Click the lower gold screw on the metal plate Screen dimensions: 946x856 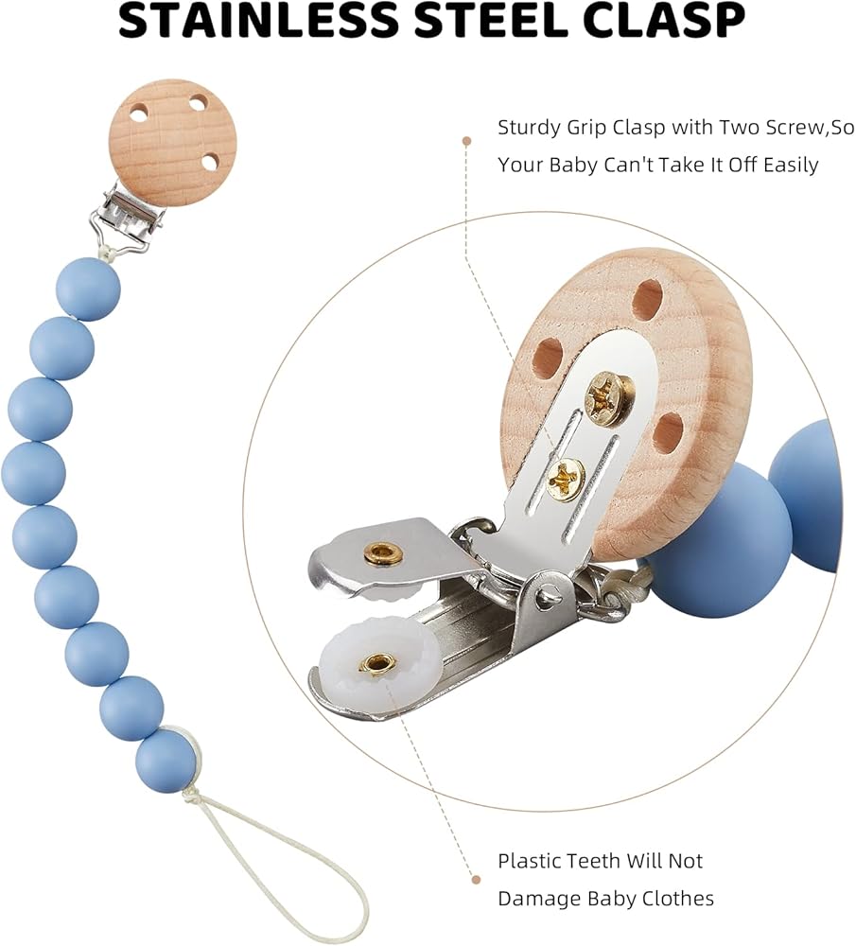coord(566,477)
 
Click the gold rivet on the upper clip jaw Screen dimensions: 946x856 coord(383,552)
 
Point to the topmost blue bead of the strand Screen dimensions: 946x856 coord(88,289)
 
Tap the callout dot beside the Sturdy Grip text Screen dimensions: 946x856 coord(466,141)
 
